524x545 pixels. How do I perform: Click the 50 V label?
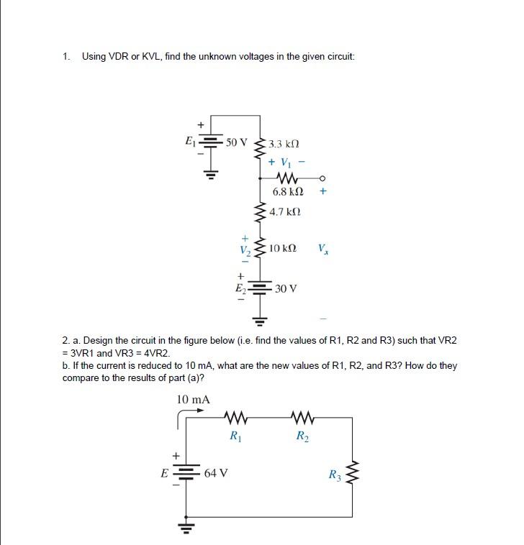point(236,142)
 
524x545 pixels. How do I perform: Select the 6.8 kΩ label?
point(288,192)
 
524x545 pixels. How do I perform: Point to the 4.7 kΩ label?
point(285,212)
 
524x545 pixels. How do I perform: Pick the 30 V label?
point(286,288)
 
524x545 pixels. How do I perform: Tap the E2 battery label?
point(241,288)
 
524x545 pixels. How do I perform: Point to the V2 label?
point(245,249)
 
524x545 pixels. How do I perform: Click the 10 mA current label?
point(193,399)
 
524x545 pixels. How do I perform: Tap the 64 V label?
point(216,473)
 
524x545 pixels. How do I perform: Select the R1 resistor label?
point(235,435)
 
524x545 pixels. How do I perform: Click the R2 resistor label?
point(302,435)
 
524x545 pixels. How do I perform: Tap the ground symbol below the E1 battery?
point(209,173)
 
